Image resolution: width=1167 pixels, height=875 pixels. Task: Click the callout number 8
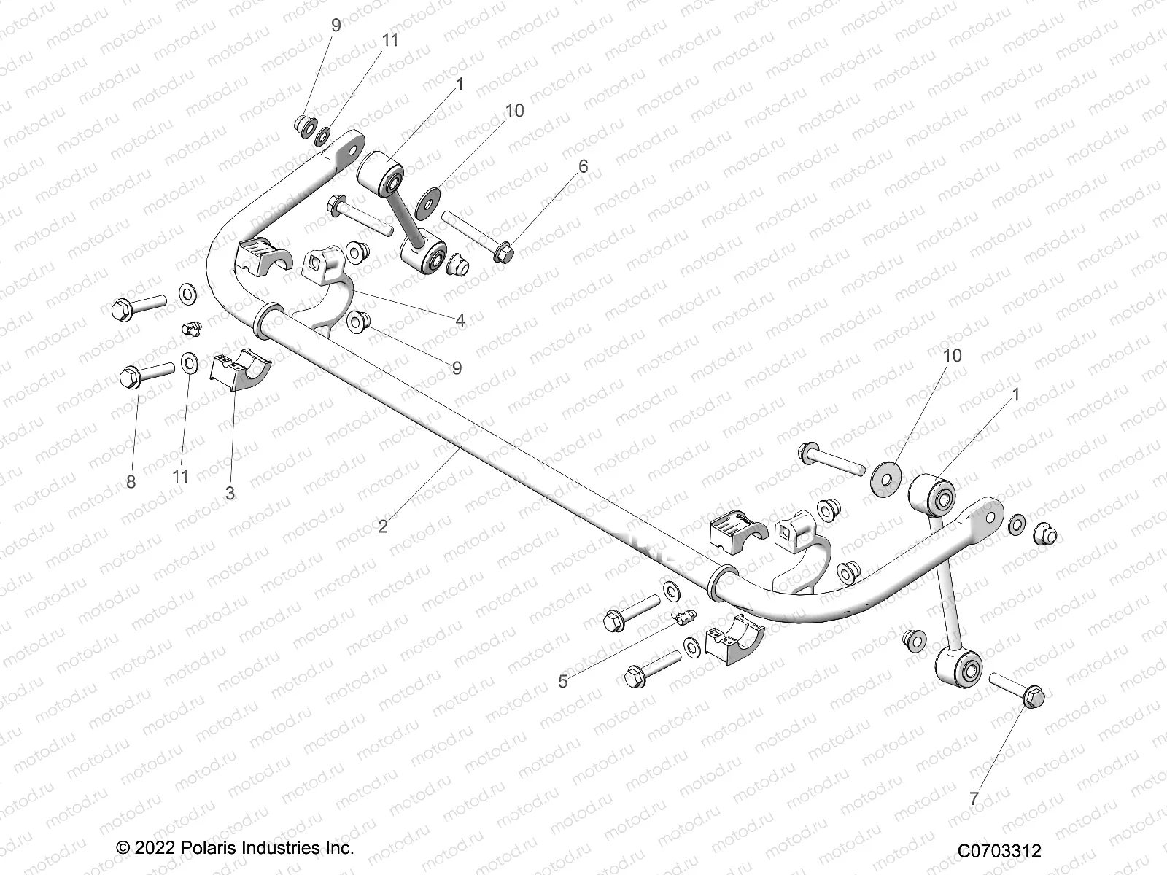pyautogui.click(x=131, y=482)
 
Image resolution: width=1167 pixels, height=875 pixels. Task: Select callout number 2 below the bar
pyautogui.click(x=384, y=526)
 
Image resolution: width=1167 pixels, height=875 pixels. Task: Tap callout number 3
pyautogui.click(x=230, y=493)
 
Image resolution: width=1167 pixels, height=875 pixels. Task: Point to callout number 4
pyautogui.click(x=460, y=319)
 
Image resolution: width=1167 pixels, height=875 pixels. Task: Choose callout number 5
pyautogui.click(x=562, y=681)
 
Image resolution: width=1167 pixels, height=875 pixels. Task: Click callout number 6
pyautogui.click(x=583, y=166)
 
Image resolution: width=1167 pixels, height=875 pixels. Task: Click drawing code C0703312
pyautogui.click(x=999, y=850)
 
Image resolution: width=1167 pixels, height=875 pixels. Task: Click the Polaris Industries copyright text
pyautogui.click(x=235, y=848)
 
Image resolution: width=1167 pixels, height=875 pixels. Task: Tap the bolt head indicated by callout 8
pyautogui.click(x=129, y=377)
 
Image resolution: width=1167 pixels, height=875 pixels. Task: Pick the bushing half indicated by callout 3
pyautogui.click(x=239, y=372)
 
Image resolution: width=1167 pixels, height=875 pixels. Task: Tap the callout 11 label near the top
pyautogui.click(x=391, y=40)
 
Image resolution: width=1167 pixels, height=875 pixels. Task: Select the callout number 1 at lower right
pyautogui.click(x=1016, y=394)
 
